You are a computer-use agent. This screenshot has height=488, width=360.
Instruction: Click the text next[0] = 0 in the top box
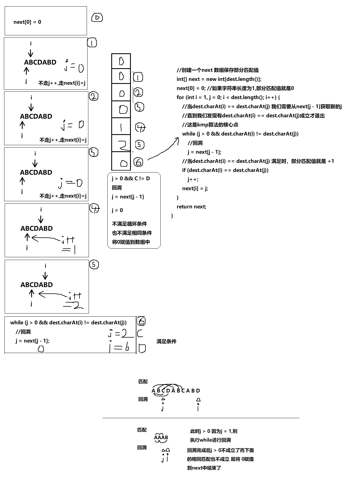pos(27,22)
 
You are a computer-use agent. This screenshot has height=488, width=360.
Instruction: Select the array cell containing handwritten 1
pos(121,127)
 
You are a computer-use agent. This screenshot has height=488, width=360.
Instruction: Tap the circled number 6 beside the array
pos(138,162)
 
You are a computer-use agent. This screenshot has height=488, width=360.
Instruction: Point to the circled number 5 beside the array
pos(140,145)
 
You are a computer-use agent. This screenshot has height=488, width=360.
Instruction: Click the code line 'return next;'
pos(191,207)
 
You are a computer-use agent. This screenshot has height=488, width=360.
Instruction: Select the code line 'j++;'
pos(193,179)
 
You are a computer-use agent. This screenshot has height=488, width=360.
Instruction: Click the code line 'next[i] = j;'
pos(195,189)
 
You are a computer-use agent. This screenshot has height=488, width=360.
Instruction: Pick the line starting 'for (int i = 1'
pos(228,97)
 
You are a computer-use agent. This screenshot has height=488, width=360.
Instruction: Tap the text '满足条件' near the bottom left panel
pos(166,341)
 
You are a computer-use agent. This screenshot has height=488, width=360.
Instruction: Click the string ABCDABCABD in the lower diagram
pos(176,391)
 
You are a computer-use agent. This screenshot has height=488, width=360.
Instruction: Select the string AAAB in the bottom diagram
pos(161,437)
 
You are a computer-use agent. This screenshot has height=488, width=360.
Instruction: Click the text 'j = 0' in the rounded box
pos(117,210)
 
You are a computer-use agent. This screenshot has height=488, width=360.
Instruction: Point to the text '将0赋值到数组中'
pos(131,242)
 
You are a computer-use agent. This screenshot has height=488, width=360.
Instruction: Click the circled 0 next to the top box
pos(97,18)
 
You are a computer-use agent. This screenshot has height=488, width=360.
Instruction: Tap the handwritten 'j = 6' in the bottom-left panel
pos(119,347)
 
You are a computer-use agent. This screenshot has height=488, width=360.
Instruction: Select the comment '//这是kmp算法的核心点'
pos(210,125)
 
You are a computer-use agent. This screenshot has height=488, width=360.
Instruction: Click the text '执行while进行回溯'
pos(210,440)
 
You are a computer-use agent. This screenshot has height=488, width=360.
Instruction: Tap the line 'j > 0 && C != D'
pos(131,179)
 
